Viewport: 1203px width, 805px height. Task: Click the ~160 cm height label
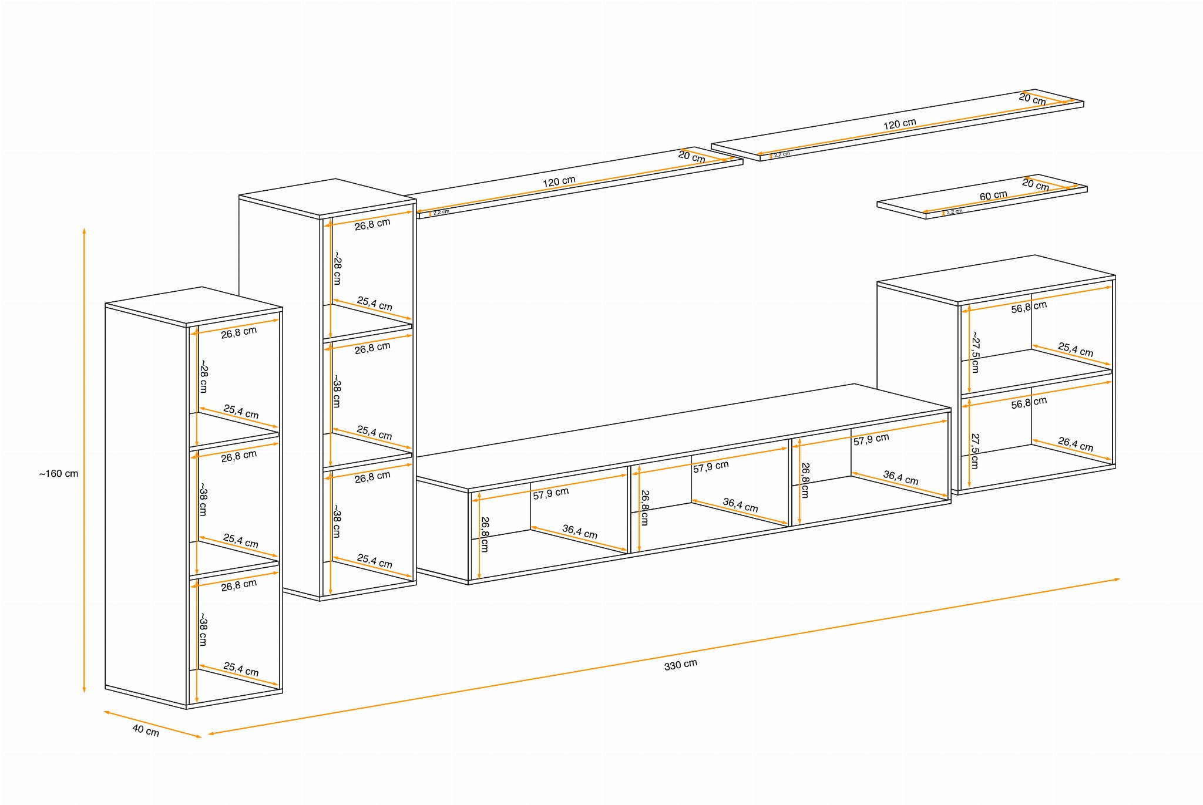click(x=59, y=474)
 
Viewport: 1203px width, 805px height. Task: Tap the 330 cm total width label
click(x=680, y=665)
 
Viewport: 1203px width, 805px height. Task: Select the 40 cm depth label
click(x=145, y=730)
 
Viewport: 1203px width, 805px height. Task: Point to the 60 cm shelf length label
click(x=993, y=196)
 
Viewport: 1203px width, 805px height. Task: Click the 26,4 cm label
click(x=1075, y=444)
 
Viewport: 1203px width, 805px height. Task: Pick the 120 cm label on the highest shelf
click(x=899, y=124)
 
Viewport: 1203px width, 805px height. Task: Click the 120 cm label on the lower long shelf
click(x=559, y=182)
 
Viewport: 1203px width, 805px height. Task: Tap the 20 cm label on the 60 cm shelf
click(x=1035, y=184)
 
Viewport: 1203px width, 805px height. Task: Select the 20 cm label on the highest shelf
click(x=1032, y=99)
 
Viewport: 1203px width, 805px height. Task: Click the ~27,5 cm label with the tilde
click(x=975, y=352)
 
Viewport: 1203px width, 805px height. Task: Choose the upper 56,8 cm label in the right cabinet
click(x=1029, y=307)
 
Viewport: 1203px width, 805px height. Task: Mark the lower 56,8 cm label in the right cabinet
click(x=1029, y=403)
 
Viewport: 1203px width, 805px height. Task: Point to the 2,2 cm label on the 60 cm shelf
click(x=955, y=211)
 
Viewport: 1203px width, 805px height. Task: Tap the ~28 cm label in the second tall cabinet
click(x=337, y=268)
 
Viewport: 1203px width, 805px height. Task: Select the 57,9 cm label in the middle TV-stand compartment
click(x=710, y=467)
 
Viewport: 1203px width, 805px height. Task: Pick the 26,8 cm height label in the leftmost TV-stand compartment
click(x=485, y=534)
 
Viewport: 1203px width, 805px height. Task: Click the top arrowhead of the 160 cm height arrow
click(x=84, y=230)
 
